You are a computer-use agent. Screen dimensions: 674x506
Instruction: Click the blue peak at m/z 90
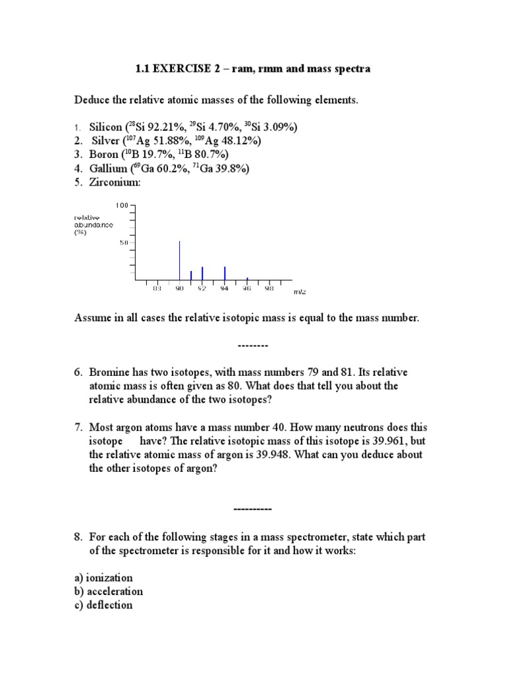click(x=180, y=260)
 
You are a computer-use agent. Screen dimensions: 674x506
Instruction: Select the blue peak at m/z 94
click(x=225, y=272)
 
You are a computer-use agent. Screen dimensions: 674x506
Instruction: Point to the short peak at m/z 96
click(x=247, y=278)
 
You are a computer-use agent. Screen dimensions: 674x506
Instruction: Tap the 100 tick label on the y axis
click(x=123, y=205)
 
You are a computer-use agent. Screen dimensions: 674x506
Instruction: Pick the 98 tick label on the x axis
click(x=269, y=288)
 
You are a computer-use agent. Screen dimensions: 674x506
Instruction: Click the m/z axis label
click(x=301, y=290)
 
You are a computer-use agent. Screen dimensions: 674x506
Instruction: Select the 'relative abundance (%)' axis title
click(x=93, y=224)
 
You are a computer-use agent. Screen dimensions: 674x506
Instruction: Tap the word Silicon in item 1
click(x=106, y=127)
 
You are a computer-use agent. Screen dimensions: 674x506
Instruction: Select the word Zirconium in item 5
click(x=115, y=182)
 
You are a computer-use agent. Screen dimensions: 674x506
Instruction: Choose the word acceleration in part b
click(x=113, y=591)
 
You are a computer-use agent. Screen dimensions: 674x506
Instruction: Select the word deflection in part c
click(x=109, y=605)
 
